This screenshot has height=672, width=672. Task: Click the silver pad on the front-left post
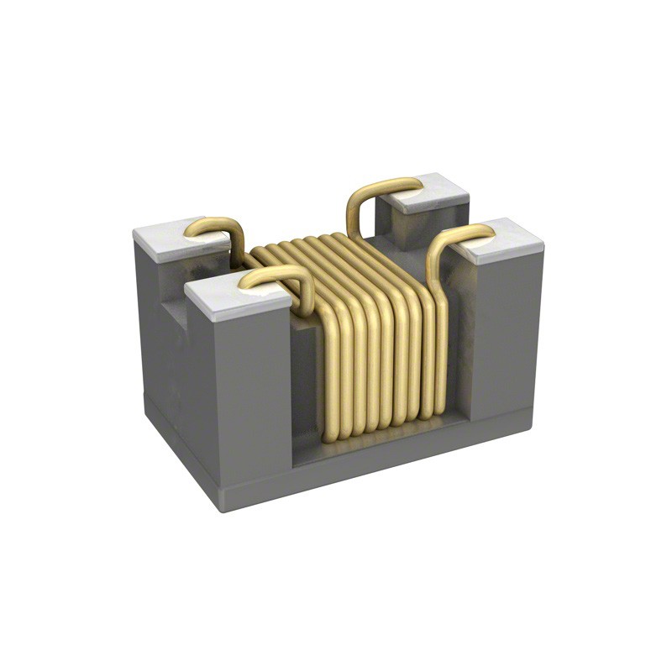pyautogui.click(x=220, y=299)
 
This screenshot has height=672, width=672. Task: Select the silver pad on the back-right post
pyautogui.click(x=437, y=192)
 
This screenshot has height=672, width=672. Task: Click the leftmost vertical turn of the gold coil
pyautogui.click(x=330, y=370)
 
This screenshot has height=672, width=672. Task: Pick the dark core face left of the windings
pyautogui.click(x=306, y=378)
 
